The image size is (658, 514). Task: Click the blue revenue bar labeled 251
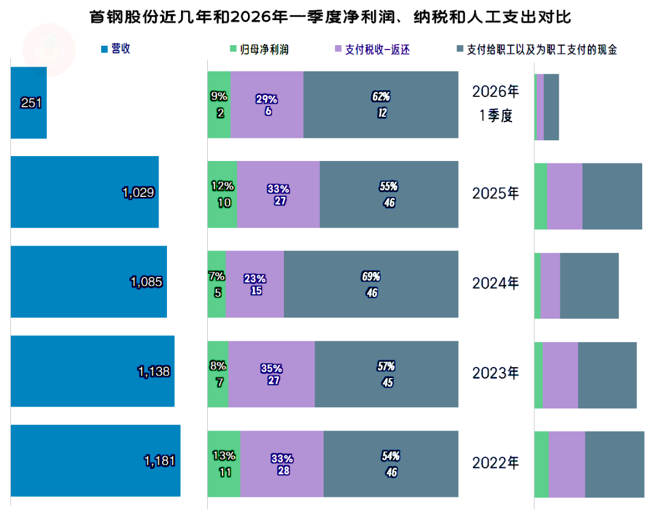click(29, 102)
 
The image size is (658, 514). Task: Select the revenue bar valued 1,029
click(85, 192)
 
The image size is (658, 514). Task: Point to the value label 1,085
click(146, 282)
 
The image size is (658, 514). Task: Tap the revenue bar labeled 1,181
click(95, 460)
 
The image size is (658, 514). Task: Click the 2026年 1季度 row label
click(496, 104)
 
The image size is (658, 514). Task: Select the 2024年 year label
click(496, 283)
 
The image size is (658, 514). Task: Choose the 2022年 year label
click(496, 463)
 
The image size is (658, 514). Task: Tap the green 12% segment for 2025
click(222, 195)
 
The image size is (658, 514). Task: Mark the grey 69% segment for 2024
click(371, 284)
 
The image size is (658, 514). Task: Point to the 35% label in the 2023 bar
click(271, 368)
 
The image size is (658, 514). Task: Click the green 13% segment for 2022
click(224, 463)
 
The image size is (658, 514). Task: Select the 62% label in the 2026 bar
click(381, 96)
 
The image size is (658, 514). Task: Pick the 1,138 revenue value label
click(154, 371)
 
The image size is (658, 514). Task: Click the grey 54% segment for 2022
click(391, 463)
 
